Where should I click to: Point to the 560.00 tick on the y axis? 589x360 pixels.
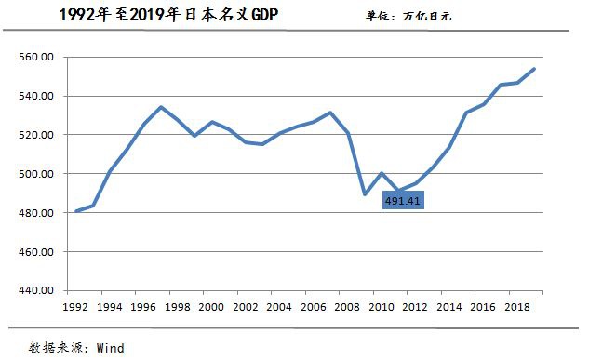38,58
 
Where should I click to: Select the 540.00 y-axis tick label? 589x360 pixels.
38,97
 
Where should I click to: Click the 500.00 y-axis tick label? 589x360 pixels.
38,174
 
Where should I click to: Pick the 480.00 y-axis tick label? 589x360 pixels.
38,213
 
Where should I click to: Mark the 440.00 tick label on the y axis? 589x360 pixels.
38,290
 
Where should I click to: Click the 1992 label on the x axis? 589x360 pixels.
75,306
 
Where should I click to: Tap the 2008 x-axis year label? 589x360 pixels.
345,306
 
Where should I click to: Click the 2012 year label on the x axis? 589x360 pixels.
413,306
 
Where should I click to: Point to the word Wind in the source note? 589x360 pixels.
109,348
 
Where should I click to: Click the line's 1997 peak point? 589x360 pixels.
160,107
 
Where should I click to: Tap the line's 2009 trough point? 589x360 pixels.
364,194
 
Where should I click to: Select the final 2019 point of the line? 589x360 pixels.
533,69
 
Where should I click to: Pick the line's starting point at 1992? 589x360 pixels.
75,211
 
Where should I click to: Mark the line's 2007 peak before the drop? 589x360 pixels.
329,113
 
